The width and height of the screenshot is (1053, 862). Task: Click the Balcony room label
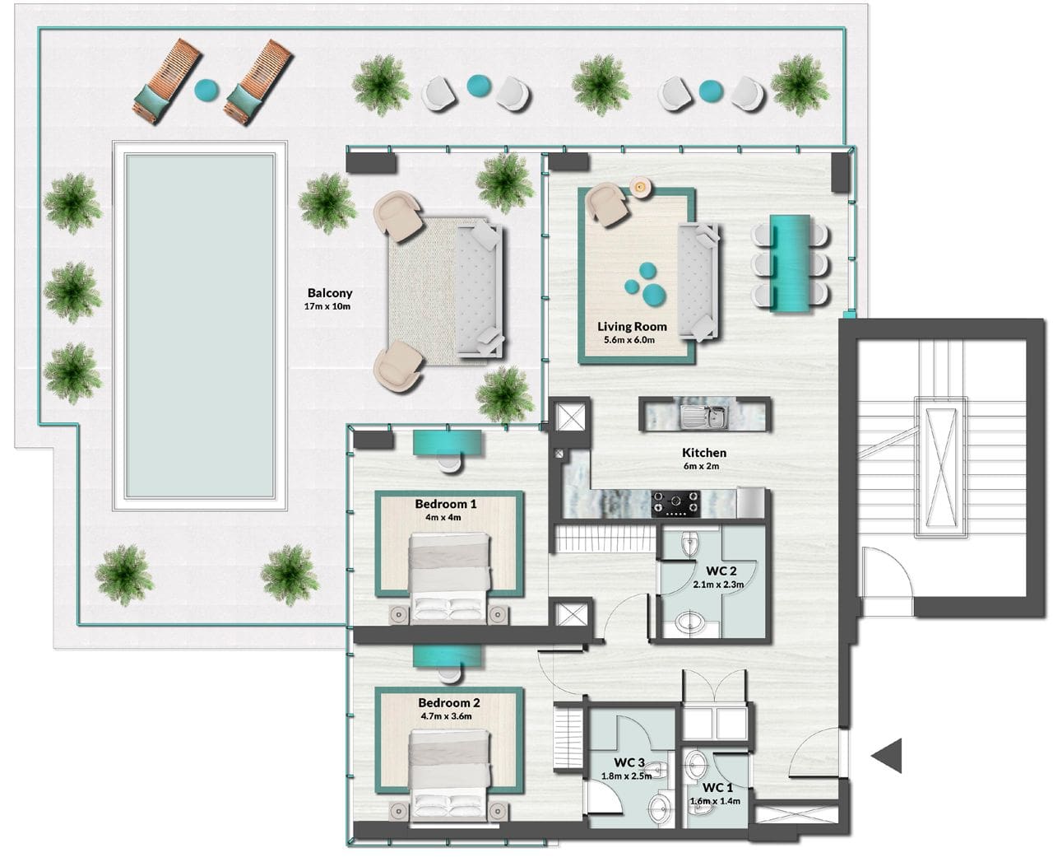click(330, 293)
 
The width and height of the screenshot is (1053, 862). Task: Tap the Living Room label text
click(632, 327)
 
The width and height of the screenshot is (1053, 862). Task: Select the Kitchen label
click(704, 453)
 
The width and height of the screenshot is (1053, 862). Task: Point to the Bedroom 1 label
click(446, 504)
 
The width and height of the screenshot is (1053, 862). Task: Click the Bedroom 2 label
click(448, 703)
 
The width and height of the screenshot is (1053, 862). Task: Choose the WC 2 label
click(721, 571)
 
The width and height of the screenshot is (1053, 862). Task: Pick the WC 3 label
click(629, 762)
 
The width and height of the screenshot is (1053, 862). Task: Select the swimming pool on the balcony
click(199, 326)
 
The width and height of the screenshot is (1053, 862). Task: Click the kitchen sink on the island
click(707, 415)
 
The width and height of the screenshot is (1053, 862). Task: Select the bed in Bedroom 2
click(449, 774)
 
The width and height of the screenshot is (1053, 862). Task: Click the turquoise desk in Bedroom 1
click(446, 441)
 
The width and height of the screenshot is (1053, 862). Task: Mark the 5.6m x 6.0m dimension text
click(629, 340)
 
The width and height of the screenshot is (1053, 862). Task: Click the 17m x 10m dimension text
click(327, 307)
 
